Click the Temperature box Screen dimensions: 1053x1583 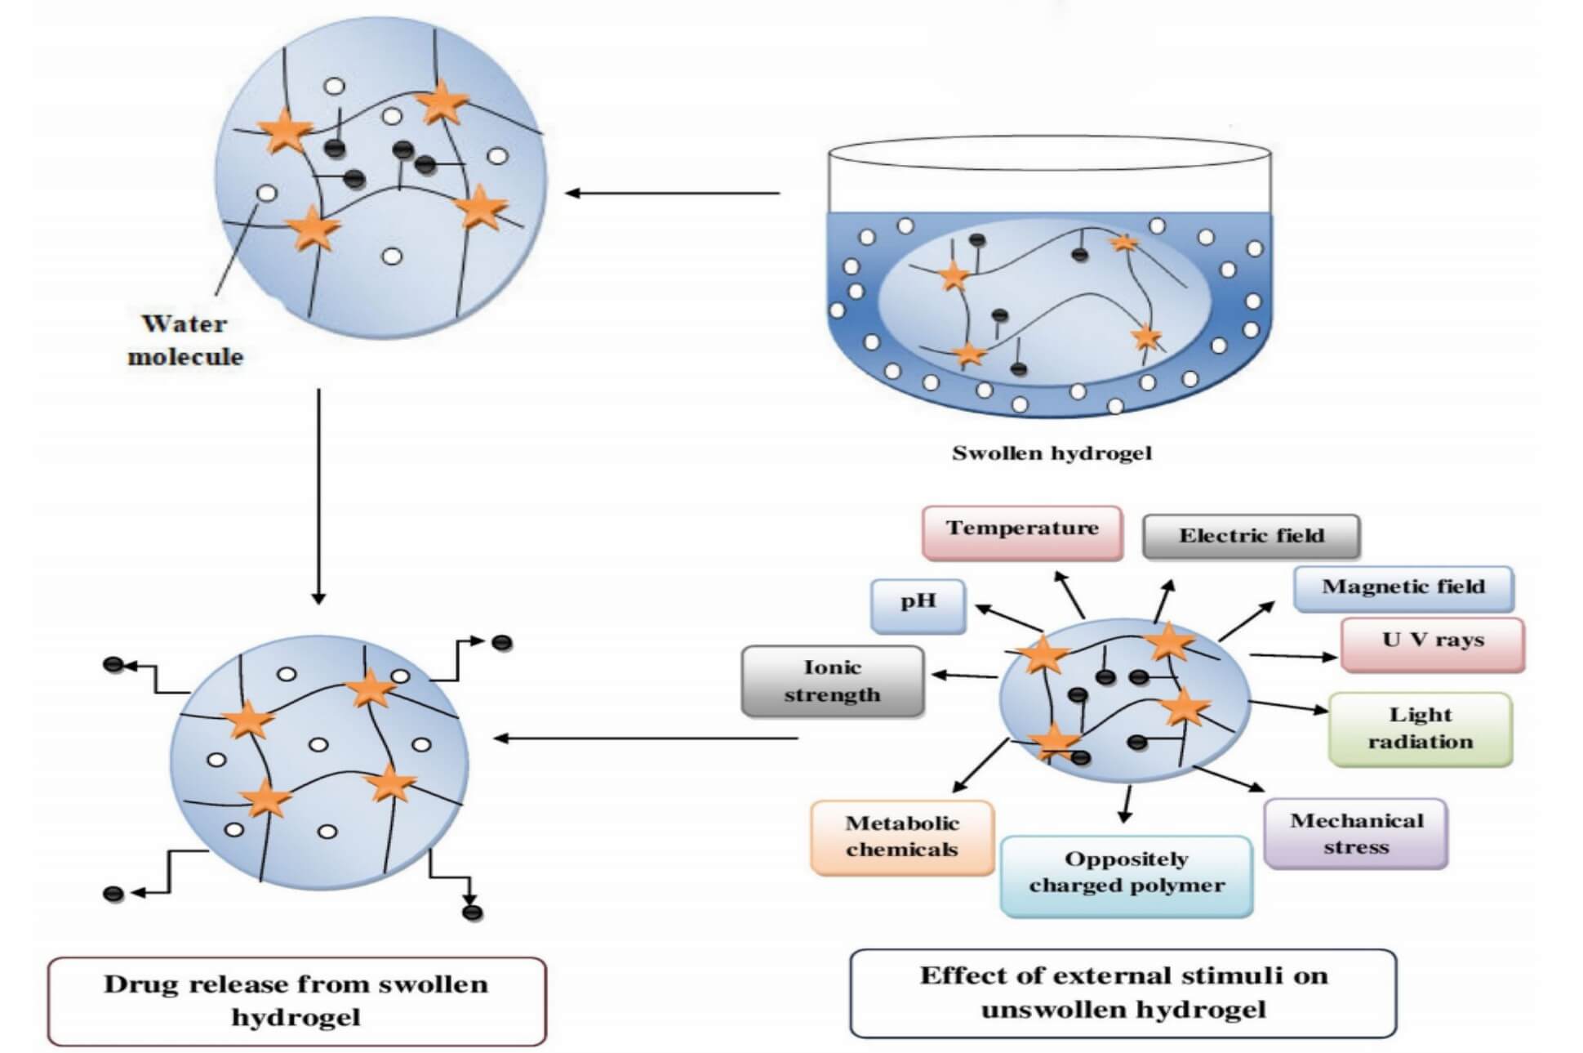coord(1021,532)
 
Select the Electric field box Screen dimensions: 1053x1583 coord(1251,536)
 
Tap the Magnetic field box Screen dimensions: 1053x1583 coord(1403,587)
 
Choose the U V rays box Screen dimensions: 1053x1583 coord(1432,643)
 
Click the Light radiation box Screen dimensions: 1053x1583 coord(1420,728)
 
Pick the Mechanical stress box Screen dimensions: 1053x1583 coord(1355,833)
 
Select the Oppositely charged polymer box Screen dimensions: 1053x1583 coord(1126,874)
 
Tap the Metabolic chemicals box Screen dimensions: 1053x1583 coord(901,837)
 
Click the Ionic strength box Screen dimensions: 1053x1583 coord(832,680)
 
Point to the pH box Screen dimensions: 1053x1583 coord(918,605)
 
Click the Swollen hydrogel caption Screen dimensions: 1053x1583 coord(1052,453)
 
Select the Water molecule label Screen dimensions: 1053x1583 coord(185,340)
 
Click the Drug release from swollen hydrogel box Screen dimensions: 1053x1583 coord(296,1001)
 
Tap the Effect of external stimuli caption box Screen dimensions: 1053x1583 coord(1123,993)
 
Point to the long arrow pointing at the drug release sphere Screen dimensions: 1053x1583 coord(645,738)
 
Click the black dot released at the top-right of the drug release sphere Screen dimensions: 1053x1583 coord(502,643)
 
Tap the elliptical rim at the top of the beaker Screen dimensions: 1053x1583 coord(1050,153)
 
